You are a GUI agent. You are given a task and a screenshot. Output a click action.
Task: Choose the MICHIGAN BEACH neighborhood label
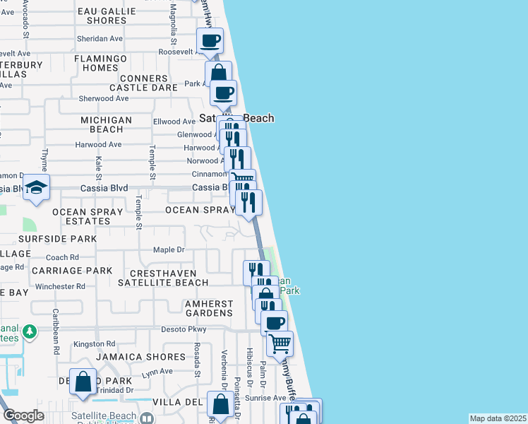pyautogui.click(x=106, y=125)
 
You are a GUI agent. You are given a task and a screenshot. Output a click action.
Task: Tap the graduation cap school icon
pyautogui.click(x=35, y=188)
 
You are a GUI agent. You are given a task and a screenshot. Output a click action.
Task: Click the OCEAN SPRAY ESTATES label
pyautogui.click(x=81, y=216)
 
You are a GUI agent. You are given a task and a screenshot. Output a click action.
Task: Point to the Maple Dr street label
pyautogui.click(x=169, y=249)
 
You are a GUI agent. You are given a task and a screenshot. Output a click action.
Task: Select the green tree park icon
pyautogui.click(x=29, y=331)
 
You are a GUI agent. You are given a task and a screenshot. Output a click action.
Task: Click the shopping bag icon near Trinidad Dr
pyautogui.click(x=83, y=382)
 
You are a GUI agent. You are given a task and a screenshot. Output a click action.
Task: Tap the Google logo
pyautogui.click(x=23, y=416)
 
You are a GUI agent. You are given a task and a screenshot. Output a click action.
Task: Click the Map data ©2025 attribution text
pyautogui.click(x=497, y=418)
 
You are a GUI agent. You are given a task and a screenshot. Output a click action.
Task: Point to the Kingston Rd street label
pyautogui.click(x=94, y=343)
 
